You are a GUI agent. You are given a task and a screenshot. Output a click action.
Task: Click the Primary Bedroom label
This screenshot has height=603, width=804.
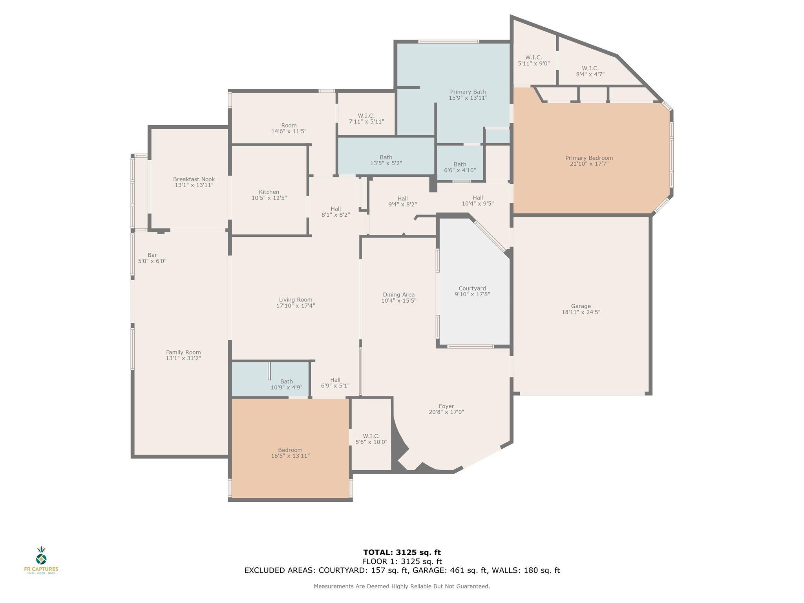[589, 158]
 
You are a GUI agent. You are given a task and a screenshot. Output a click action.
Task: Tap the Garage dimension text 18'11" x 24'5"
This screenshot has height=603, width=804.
[581, 312]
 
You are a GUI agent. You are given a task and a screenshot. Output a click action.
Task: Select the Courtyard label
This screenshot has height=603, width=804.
[472, 289]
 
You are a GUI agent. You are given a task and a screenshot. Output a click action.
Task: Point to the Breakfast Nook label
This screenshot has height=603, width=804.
[194, 179]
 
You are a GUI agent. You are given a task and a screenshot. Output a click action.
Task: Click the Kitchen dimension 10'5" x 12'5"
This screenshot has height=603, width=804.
[269, 198]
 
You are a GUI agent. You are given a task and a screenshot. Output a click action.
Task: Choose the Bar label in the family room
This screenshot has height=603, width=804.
[152, 255]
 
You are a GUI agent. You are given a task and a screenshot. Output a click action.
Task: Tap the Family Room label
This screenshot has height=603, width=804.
[183, 353]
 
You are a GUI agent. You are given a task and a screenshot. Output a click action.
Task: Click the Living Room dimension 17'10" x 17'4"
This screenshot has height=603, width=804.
[296, 306]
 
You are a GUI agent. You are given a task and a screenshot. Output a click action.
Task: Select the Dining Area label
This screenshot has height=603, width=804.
[398, 295]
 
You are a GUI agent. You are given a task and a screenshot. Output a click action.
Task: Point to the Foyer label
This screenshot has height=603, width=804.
[446, 406]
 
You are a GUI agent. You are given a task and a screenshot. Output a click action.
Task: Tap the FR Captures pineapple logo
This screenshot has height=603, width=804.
[41, 556]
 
